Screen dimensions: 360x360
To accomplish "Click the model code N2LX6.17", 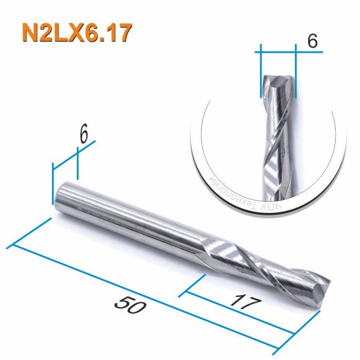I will [76, 33].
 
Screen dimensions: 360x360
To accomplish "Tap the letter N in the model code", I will [30, 33].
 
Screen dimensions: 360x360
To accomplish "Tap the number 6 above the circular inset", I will [312, 42].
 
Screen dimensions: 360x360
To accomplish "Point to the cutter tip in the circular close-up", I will [278, 81].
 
